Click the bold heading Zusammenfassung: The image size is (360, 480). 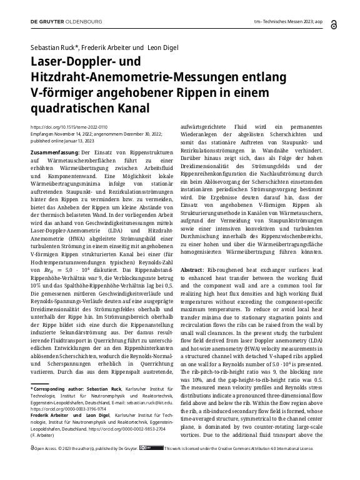(54, 153)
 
